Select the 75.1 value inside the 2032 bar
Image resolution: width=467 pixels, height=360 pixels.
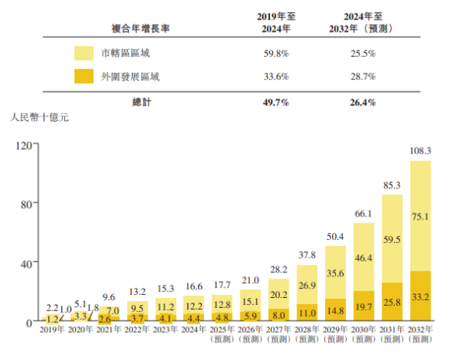point(420,216)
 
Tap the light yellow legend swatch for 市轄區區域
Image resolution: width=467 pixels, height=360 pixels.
point(85,54)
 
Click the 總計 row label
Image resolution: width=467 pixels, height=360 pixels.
point(141,102)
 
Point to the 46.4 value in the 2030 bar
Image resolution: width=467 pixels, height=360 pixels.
point(363,256)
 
